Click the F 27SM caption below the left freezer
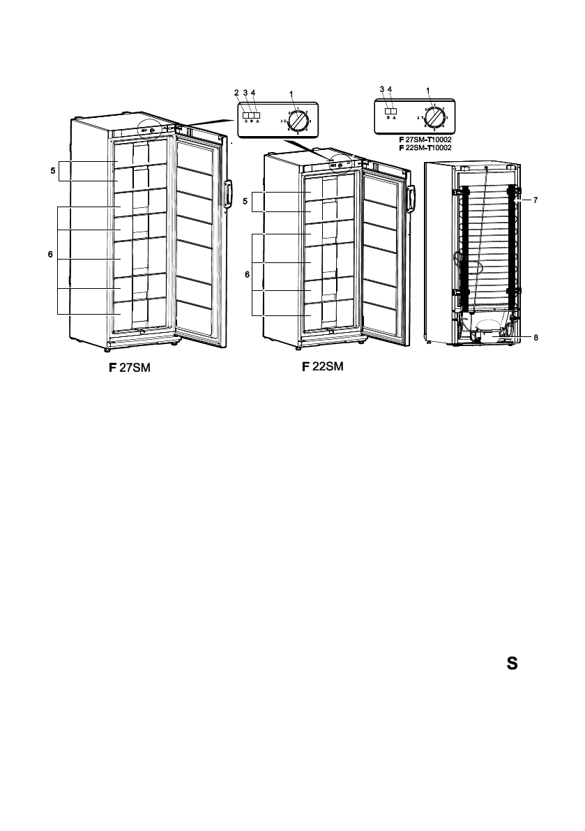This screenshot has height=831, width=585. point(129,368)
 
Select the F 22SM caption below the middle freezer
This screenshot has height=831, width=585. point(323,367)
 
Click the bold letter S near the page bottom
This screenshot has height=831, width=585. point(512,664)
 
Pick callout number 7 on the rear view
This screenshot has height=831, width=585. point(535,200)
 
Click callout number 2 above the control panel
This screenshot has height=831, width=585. point(236,92)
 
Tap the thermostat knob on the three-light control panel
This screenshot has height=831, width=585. point(298,120)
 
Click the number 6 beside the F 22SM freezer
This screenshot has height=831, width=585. point(246,276)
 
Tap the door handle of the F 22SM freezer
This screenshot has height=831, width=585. point(412,197)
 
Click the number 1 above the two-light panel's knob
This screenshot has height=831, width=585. point(428,89)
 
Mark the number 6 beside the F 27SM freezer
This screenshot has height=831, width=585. point(50,255)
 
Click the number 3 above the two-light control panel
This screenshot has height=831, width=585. point(381,89)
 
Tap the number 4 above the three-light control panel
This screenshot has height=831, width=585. point(254,92)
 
